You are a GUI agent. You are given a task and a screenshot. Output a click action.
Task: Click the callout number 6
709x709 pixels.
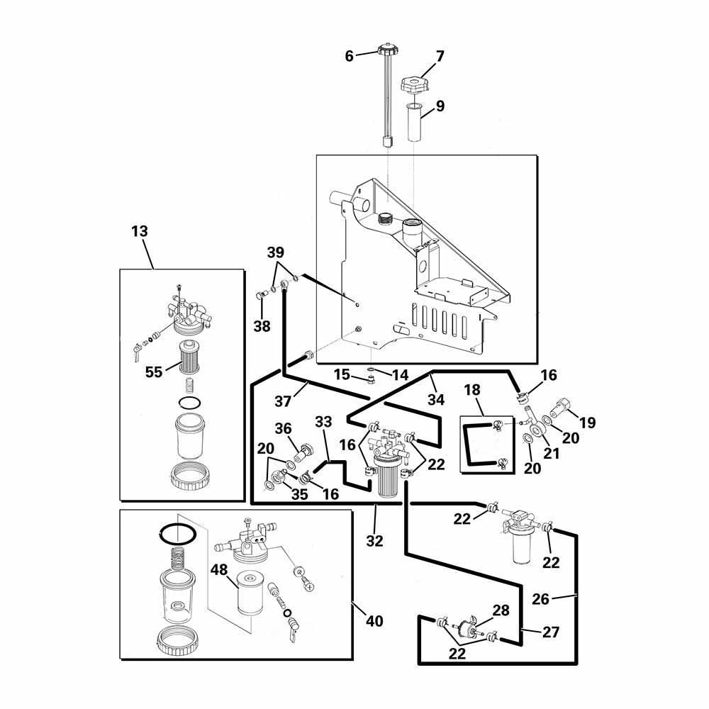click(349, 56)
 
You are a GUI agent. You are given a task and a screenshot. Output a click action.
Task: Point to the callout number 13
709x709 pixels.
click(140, 231)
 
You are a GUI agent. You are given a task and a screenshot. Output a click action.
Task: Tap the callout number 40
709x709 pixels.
click(374, 621)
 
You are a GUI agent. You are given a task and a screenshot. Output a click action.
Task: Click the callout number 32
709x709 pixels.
click(374, 541)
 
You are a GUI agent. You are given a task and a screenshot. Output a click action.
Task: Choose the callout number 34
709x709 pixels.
click(435, 399)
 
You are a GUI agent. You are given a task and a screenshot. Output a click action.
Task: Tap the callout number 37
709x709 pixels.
click(283, 401)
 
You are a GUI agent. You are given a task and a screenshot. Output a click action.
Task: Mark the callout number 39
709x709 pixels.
click(276, 253)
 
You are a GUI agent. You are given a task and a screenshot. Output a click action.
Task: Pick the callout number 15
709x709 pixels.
click(342, 374)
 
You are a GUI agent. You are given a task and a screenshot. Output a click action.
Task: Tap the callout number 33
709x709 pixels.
click(323, 422)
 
